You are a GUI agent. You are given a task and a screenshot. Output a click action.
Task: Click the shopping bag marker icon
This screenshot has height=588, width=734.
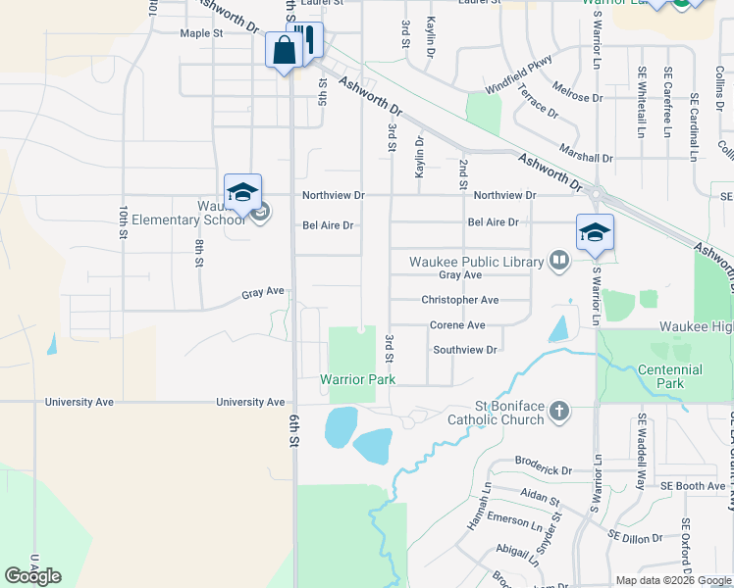(284, 51)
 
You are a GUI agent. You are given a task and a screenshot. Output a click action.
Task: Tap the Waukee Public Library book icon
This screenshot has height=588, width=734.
(559, 261)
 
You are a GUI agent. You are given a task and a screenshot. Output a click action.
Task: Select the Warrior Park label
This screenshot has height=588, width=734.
(351, 379)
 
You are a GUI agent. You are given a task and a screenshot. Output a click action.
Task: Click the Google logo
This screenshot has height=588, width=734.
(32, 576)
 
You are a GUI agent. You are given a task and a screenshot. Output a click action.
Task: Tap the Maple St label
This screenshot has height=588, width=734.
(202, 33)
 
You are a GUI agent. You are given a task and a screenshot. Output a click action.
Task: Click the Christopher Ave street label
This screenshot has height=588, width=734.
(460, 300)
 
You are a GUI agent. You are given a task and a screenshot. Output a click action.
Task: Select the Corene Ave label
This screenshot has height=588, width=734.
(457, 325)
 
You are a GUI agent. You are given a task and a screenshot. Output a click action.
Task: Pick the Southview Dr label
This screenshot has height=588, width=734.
(466, 350)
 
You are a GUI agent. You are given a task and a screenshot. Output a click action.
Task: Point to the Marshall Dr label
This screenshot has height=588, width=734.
(587, 157)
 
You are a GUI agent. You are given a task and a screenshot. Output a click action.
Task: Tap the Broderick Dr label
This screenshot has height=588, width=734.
(544, 470)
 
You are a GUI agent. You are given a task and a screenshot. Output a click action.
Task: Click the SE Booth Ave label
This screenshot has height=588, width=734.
(693, 486)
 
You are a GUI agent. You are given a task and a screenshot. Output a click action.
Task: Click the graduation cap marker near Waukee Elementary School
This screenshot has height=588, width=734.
(242, 192)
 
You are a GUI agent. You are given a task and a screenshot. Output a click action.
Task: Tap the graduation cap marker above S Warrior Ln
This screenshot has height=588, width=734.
(595, 232)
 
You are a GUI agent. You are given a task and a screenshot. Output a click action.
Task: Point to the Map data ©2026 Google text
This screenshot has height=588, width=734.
(672, 580)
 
